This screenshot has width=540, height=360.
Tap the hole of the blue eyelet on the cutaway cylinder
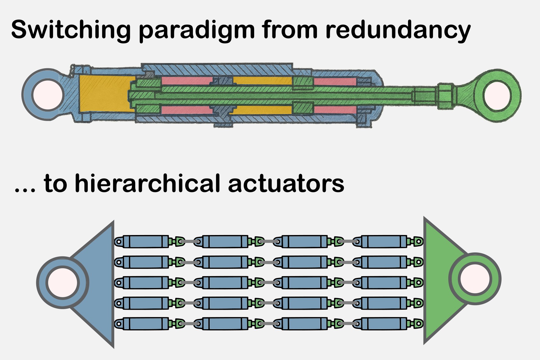click(48, 94)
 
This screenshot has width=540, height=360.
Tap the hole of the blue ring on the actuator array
click(63, 283)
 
